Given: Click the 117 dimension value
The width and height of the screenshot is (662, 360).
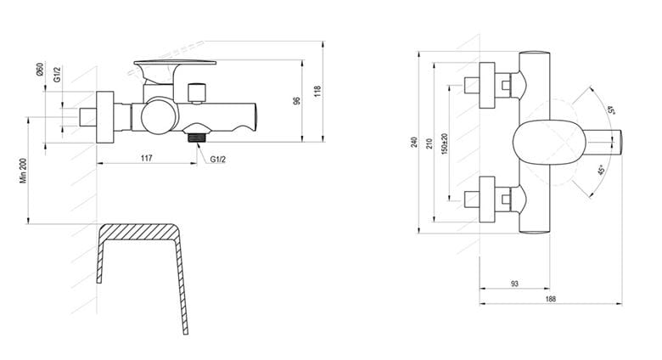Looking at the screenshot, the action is pos(146,158).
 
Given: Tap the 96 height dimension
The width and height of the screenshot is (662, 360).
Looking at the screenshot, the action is pos(297,100).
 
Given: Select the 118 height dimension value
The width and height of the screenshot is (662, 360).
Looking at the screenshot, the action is pos(317,91).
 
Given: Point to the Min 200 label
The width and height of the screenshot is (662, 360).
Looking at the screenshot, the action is pos(23,171).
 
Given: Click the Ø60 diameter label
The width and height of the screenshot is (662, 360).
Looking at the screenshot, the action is pos(40,70).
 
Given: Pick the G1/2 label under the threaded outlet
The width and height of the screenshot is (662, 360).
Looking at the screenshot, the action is pos(218,160).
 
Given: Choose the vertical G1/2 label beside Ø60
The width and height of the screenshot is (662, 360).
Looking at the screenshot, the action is pos(57,74).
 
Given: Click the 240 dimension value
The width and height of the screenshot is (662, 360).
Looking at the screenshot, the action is pos(414,142).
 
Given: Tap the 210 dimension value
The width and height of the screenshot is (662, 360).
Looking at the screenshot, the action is pos(429,143).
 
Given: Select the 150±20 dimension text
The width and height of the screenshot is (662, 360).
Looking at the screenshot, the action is pos(445,143).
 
